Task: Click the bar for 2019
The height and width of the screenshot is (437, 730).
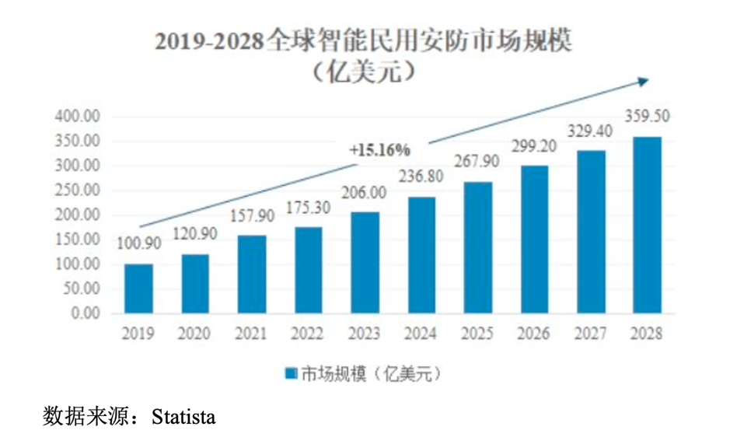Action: click(139, 288)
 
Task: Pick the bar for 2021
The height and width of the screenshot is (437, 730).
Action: click(252, 274)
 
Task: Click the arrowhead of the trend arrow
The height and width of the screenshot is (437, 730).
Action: click(642, 80)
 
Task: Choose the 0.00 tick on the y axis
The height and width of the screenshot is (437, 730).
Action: click(85, 313)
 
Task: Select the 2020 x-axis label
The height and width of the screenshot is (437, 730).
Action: click(195, 334)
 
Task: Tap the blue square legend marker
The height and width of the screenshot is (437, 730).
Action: click(288, 375)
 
